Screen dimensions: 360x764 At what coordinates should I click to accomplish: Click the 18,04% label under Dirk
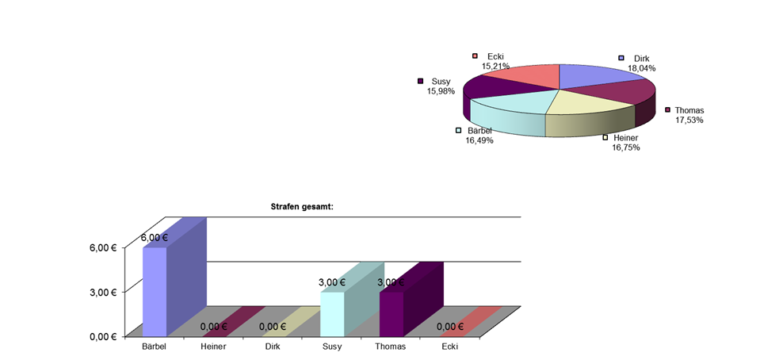641,68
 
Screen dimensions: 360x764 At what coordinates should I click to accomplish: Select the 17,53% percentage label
689,120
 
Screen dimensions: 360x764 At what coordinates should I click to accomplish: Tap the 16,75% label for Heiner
625,147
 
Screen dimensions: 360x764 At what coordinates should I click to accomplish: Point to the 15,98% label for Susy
441,91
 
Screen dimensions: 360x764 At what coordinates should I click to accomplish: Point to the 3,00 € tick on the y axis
103,292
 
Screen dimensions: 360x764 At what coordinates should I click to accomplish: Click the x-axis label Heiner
213,347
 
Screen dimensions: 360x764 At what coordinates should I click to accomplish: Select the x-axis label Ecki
449,347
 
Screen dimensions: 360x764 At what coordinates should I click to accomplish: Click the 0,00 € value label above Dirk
272,326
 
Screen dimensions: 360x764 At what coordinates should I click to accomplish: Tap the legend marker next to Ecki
475,56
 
